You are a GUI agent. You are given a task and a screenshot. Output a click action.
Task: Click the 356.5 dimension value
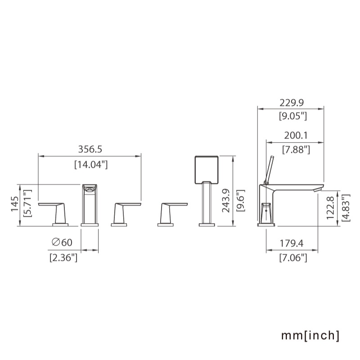(x=90, y=149)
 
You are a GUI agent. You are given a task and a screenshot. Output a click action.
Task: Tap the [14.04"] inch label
(x=91, y=164)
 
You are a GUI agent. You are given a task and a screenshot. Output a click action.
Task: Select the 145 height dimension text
(x=15, y=204)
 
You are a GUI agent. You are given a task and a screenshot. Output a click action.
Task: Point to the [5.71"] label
(x=27, y=203)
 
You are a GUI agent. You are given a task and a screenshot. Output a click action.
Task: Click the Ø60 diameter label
(x=62, y=242)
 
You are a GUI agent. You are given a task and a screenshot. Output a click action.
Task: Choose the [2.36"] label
(x=63, y=257)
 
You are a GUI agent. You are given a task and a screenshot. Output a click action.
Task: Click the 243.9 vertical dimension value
(x=226, y=201)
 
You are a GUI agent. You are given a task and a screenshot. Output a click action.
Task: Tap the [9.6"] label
(x=241, y=201)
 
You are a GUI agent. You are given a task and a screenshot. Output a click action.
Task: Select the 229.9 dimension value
(x=292, y=103)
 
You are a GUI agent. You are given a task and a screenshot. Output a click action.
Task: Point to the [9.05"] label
(x=293, y=116)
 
